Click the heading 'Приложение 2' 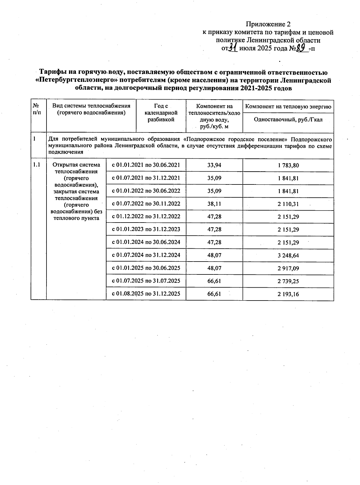pos(268,24)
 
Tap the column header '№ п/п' pos(37,109)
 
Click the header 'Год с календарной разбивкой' pos(161,113)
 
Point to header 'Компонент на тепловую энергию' pos(288,106)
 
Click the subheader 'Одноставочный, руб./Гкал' pos(288,119)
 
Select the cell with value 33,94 pos(214,165)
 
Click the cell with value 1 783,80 pos(288,165)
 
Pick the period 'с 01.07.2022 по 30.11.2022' pos(146,204)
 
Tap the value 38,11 pos(214,204)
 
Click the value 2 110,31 pos(288,204)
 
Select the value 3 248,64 pos(288,256)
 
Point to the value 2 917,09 pos(288,268)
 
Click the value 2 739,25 pos(288,281)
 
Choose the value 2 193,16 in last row pos(288,294)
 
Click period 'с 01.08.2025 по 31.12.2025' pos(146,294)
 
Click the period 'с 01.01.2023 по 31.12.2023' pos(146,229)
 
